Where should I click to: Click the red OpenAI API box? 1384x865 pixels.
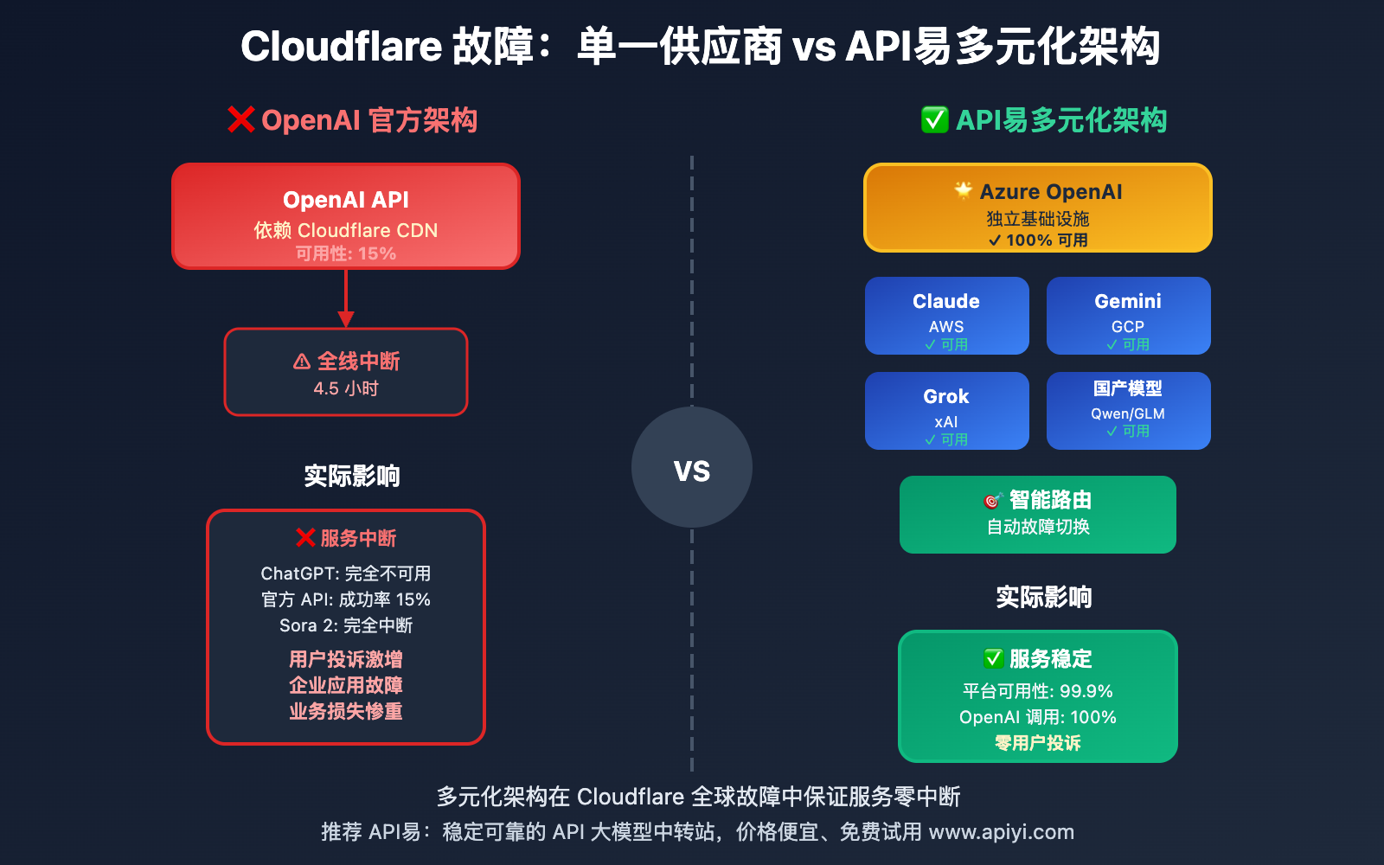[346, 216]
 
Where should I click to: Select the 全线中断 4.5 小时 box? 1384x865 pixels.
[346, 372]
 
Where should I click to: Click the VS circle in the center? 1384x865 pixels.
[692, 468]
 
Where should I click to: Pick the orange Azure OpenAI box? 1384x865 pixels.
[1038, 208]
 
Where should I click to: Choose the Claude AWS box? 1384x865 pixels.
[946, 316]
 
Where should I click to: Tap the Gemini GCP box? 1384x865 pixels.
[1128, 316]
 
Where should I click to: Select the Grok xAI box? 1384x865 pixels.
[946, 411]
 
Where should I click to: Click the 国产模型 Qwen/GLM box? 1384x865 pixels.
[1128, 411]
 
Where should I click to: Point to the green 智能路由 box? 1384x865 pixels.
[1038, 515]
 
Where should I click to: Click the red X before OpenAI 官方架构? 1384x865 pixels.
[240, 119]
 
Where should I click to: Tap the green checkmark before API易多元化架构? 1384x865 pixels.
[934, 119]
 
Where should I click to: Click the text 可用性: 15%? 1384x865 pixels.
[346, 253]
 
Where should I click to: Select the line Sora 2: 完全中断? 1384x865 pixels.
[346, 625]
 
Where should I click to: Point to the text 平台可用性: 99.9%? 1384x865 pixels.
[1038, 691]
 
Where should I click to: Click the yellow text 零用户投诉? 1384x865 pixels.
[1038, 743]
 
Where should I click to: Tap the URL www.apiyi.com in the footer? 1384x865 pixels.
[1001, 832]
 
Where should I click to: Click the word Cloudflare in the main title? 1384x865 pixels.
[342, 47]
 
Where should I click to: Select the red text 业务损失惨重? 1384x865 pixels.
[346, 711]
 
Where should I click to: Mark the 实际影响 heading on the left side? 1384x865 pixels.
[352, 476]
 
